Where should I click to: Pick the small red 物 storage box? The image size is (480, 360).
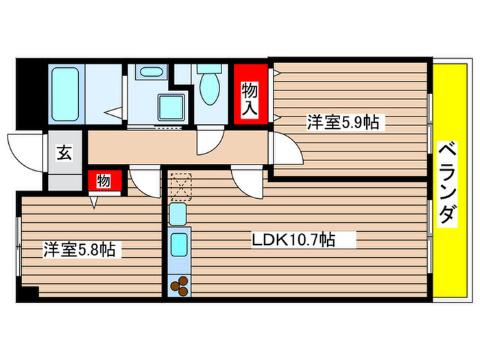point(104,181)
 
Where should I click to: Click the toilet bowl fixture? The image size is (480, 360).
point(208,87)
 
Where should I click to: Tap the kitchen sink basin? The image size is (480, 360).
point(179,243)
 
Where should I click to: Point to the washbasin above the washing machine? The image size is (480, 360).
point(149,72)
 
